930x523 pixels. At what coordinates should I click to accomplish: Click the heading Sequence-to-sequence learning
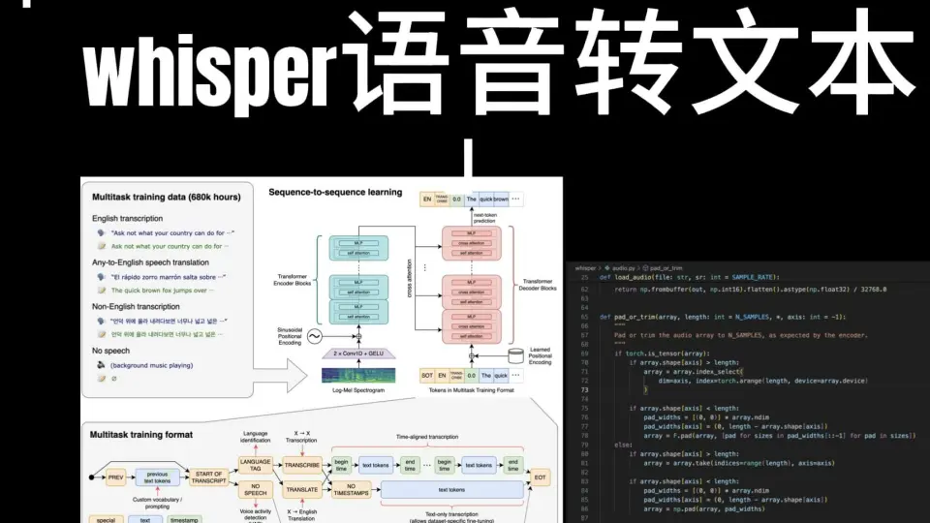tap(334, 193)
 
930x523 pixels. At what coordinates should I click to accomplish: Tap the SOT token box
tap(427, 375)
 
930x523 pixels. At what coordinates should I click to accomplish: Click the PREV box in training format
tap(116, 477)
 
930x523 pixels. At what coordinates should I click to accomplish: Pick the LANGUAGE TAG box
tap(255, 464)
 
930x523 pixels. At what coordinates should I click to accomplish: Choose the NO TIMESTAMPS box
tap(351, 491)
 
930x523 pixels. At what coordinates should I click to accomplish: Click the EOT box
tap(540, 477)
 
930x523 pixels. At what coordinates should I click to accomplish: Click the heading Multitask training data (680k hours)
tap(166, 198)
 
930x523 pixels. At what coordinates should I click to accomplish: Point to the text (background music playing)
tap(151, 365)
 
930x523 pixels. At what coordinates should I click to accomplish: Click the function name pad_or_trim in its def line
tap(637, 317)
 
